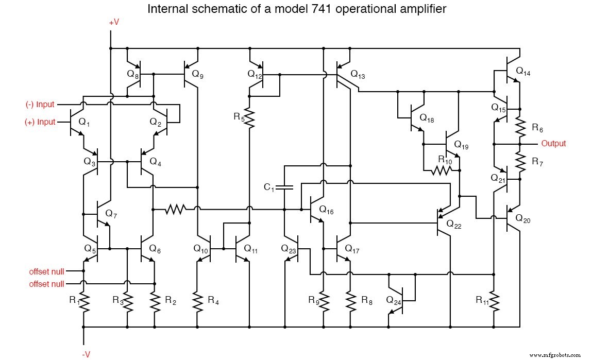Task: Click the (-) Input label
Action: (40, 105)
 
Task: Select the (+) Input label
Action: (40, 122)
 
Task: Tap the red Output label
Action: (553, 144)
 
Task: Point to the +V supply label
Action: (114, 23)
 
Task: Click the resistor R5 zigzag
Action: (249, 118)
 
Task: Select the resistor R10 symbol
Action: (441, 170)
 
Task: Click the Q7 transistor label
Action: (112, 213)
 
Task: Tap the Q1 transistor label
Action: (84, 122)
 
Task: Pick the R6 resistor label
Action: (537, 127)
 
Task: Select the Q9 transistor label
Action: (197, 74)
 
